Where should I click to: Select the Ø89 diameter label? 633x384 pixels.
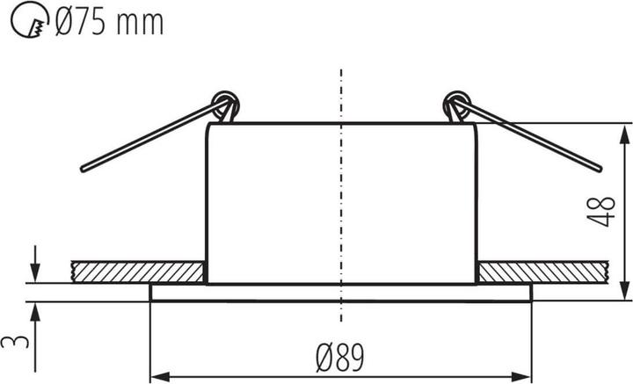click(x=341, y=356)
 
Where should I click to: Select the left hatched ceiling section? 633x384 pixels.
click(x=136, y=272)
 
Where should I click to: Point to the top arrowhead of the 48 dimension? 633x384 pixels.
click(x=624, y=132)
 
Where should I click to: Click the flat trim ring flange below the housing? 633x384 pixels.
click(x=340, y=293)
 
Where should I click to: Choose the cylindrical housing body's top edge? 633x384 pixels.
click(x=340, y=124)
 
